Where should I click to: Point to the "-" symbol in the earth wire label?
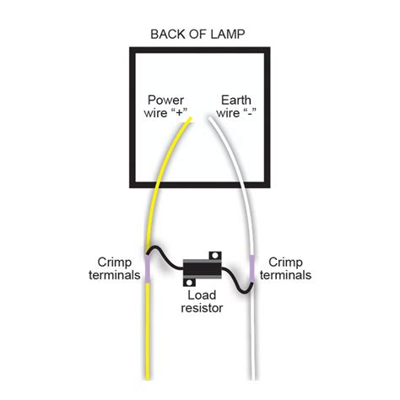pos(248,112)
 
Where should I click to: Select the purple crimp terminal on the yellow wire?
pos(148,269)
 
